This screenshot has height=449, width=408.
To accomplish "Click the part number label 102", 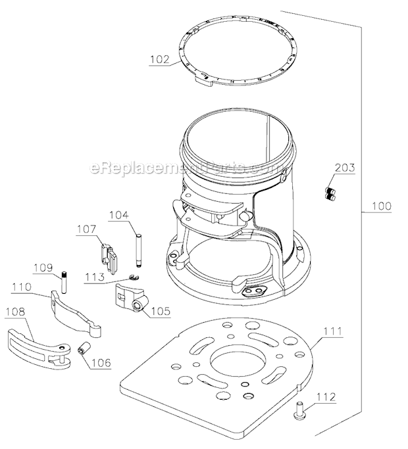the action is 160,59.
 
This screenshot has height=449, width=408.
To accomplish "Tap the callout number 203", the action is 345,168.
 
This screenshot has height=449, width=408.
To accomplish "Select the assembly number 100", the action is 382,206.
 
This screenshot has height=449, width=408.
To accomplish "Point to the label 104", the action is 118,215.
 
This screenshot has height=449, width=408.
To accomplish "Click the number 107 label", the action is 87,229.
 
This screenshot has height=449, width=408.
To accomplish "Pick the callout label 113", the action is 94,277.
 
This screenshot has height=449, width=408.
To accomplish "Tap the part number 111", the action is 333,331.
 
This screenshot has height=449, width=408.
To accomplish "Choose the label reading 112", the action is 326,397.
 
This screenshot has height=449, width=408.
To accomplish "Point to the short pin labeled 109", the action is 64,283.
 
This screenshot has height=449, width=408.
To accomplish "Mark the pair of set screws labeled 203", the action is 330,193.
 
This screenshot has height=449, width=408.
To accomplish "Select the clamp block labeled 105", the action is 132,298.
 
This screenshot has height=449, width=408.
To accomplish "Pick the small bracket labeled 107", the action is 109,256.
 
